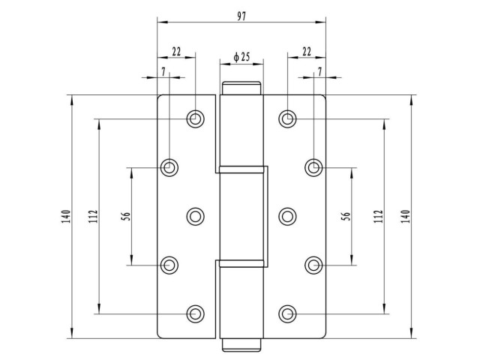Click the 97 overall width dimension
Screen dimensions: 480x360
241,16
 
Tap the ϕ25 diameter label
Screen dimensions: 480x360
241,57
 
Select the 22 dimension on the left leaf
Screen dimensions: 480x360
176,52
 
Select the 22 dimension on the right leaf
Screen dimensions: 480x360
307,52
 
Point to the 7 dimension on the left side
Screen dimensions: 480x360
163,72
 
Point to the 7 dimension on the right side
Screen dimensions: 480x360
320,72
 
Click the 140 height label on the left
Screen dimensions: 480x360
67,217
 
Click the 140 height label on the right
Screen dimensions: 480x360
405,217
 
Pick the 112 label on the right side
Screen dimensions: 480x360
379,216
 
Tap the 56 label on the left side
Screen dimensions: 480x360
127,216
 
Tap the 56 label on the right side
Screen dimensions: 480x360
346,216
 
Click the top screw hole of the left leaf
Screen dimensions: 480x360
195,118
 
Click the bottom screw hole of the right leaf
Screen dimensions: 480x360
287,313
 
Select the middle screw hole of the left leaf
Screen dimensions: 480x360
195,217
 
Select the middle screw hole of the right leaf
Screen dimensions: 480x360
287,217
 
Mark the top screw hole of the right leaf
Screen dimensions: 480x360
287,118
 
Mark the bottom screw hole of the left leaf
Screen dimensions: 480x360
195,313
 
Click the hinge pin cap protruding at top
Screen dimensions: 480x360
241,88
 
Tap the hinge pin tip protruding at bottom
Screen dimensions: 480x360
241,345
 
